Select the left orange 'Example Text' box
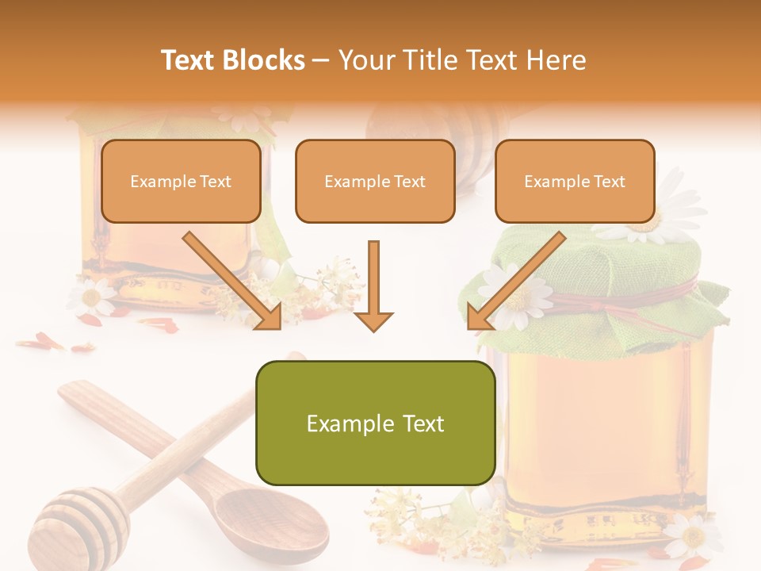pyautogui.click(x=181, y=181)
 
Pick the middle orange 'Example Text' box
pyautogui.click(x=375, y=181)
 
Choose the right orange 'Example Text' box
pyautogui.click(x=575, y=181)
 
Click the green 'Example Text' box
pyautogui.click(x=375, y=423)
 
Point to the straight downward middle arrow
pyautogui.click(x=373, y=285)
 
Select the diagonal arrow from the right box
pyautogui.click(x=515, y=282)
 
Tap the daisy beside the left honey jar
pyautogui.click(x=92, y=297)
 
